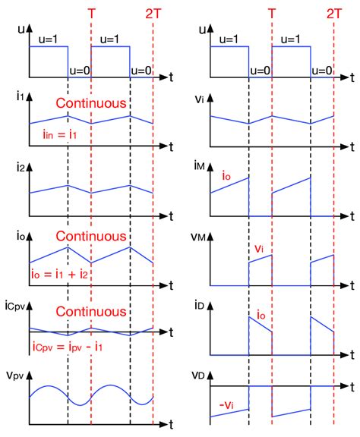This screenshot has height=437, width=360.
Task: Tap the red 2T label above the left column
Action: [153, 13]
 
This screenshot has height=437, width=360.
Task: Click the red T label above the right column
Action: [272, 13]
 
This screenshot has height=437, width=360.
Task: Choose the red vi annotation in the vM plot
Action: [260, 248]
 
